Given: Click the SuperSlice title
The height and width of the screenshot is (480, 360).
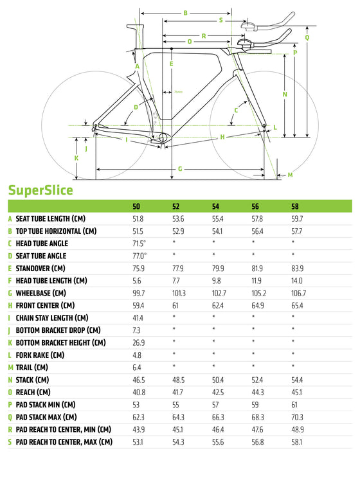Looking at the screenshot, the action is [40, 190].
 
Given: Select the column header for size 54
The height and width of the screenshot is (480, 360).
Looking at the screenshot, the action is [215, 207].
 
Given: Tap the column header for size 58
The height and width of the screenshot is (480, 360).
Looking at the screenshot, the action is [294, 207].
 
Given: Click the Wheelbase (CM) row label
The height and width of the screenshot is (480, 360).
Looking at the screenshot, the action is [40, 293].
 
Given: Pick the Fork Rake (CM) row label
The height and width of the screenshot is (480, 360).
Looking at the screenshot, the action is [40, 355].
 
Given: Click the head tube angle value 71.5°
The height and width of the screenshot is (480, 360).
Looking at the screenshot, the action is [139, 244].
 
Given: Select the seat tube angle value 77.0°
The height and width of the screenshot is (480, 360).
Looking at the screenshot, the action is [139, 256].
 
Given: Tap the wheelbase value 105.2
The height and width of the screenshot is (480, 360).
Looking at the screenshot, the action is [258, 293].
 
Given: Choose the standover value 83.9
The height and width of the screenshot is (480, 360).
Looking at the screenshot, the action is [297, 269].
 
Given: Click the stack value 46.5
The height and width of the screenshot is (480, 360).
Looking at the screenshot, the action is [138, 380].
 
